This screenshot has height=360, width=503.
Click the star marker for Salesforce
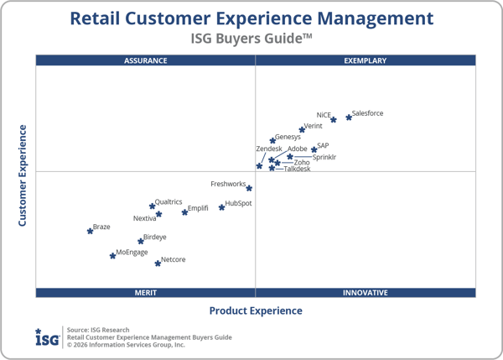click(349, 117)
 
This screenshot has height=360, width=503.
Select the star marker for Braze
click(90, 231)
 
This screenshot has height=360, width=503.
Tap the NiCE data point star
click(334, 120)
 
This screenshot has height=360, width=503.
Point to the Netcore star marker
click(158, 263)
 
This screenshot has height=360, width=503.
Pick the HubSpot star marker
click(222, 207)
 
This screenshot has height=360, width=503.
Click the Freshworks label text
click(228, 184)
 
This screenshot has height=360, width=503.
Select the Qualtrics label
click(169, 201)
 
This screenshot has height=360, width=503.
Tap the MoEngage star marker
click(112, 256)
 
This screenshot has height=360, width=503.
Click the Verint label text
click(313, 126)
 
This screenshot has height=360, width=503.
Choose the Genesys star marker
click(272, 141)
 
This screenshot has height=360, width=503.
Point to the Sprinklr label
click(324, 157)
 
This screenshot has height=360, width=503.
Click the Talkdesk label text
click(297, 169)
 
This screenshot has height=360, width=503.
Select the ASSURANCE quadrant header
click(146, 60)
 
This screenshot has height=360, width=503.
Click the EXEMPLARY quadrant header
click(366, 60)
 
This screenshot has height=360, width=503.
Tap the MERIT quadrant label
click(146, 293)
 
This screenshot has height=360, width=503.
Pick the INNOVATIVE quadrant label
click(366, 293)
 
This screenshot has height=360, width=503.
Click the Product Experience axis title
click(256, 311)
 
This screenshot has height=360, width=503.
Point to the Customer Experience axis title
click(23, 175)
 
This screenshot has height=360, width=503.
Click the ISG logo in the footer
click(47, 337)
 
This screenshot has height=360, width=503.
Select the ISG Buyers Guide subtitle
click(251, 38)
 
